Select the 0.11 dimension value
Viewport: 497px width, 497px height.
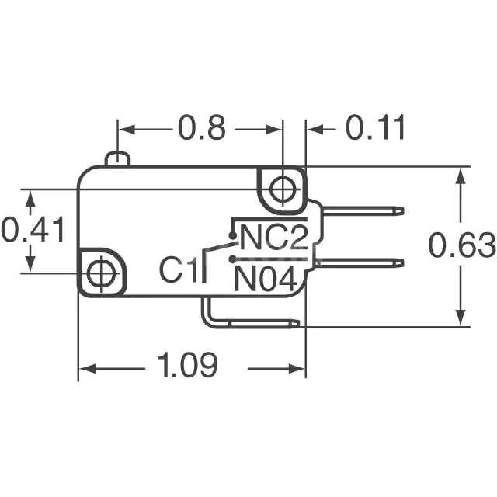pyautogui.click(x=376, y=127)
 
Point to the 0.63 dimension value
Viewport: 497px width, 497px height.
pyautogui.click(x=462, y=245)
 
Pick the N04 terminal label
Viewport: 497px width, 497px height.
pyautogui.click(x=266, y=278)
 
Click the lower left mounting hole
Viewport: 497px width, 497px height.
pyautogui.click(x=99, y=273)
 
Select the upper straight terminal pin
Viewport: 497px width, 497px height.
pyautogui.click(x=362, y=210)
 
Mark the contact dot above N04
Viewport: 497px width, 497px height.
pyautogui.click(x=231, y=259)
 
